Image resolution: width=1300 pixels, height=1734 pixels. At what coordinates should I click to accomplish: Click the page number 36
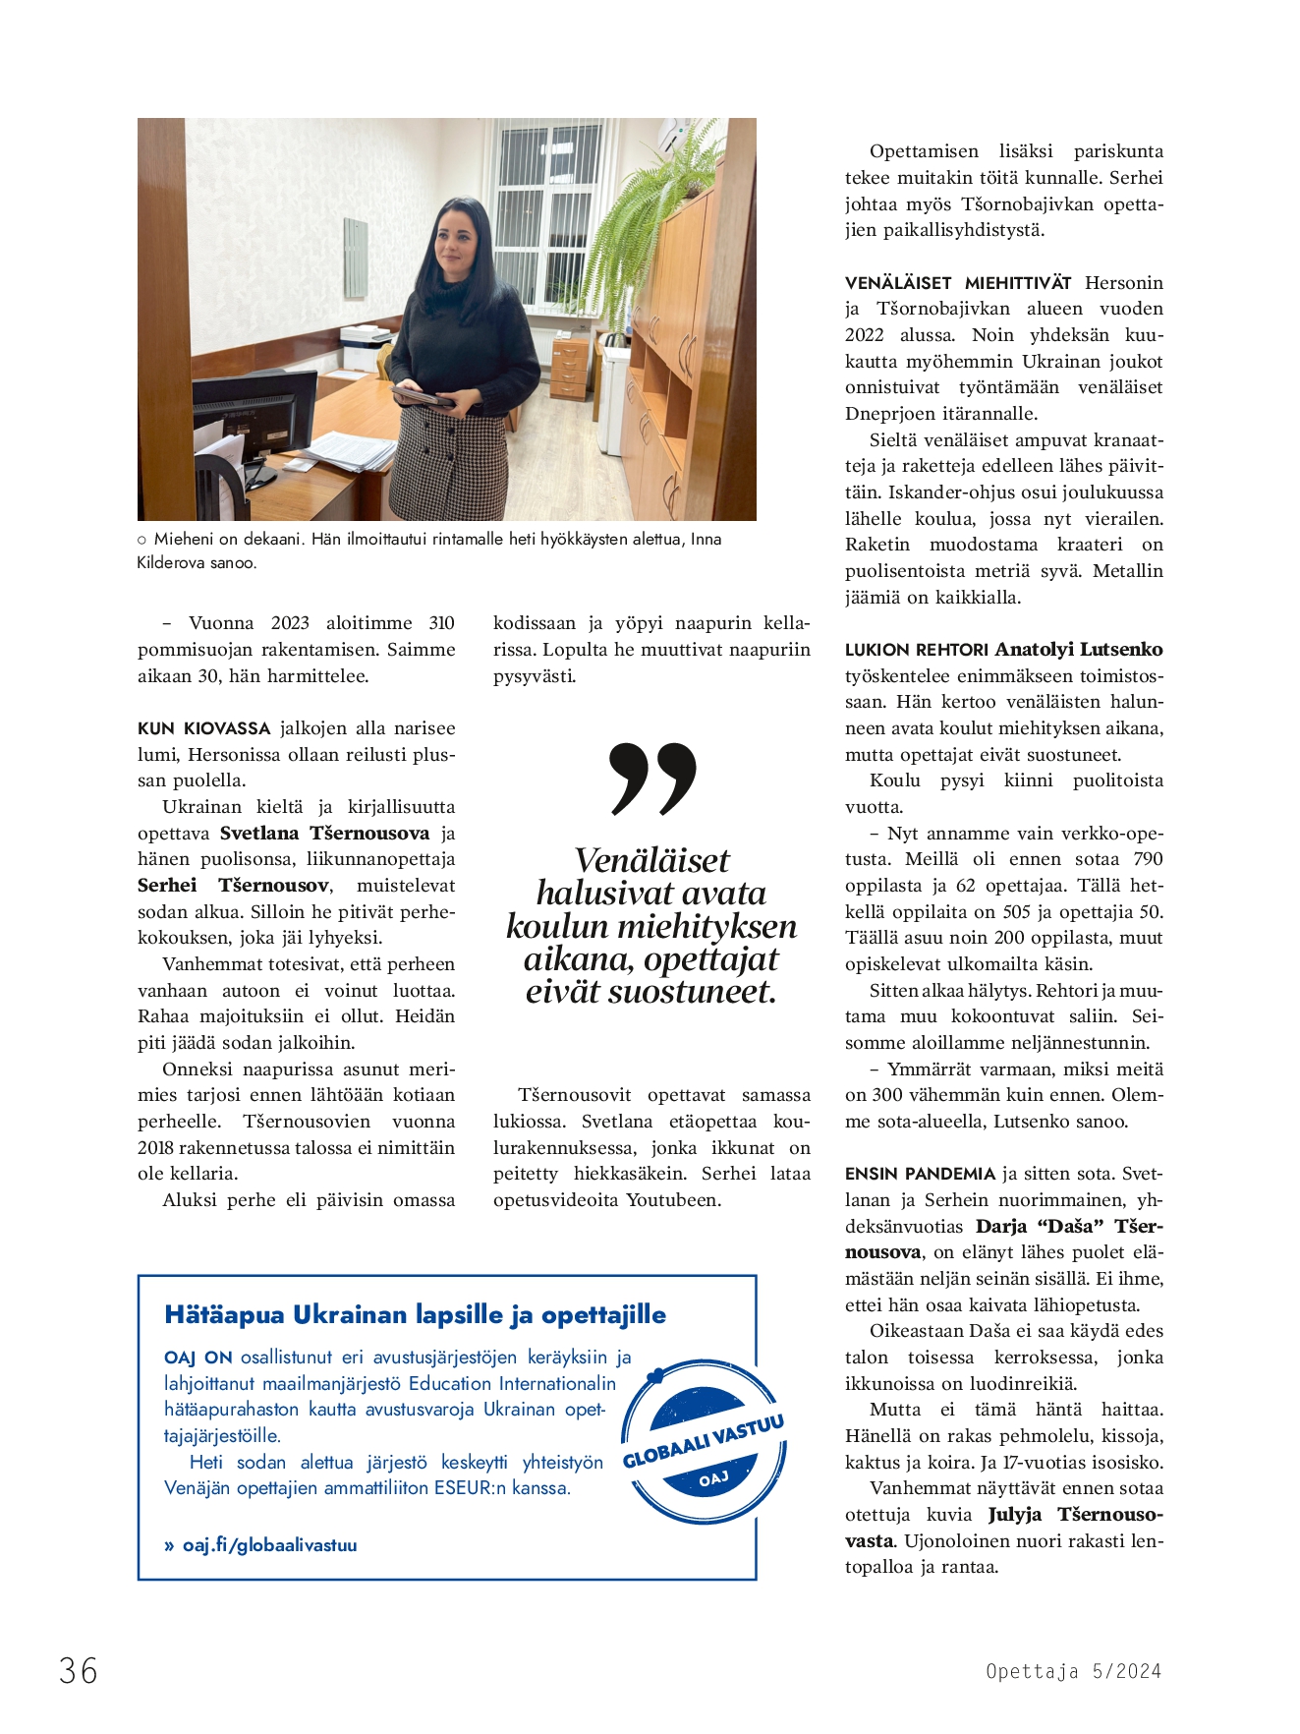(x=79, y=1670)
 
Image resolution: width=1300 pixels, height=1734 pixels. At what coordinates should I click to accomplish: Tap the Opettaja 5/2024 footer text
(x=1073, y=1671)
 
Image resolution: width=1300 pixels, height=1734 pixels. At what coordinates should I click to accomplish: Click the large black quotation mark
(x=652, y=780)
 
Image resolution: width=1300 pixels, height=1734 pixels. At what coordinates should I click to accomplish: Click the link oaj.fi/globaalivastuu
(x=269, y=1544)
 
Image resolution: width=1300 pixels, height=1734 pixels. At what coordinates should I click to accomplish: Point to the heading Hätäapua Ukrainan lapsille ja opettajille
(x=415, y=1314)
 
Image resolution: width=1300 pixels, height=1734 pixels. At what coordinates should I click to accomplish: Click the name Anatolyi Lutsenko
(x=1079, y=650)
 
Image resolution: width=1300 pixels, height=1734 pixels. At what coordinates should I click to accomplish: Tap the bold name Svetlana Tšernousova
(x=324, y=834)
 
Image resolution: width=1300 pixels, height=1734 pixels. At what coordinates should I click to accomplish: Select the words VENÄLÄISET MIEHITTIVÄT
(x=957, y=283)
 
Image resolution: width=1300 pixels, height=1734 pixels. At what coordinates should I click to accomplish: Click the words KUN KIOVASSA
(x=203, y=728)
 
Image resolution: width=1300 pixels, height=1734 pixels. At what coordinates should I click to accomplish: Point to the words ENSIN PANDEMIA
(x=920, y=1174)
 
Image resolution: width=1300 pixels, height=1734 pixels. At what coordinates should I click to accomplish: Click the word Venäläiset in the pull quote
(x=651, y=861)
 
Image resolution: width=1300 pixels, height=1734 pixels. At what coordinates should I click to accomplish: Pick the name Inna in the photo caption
(x=706, y=539)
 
